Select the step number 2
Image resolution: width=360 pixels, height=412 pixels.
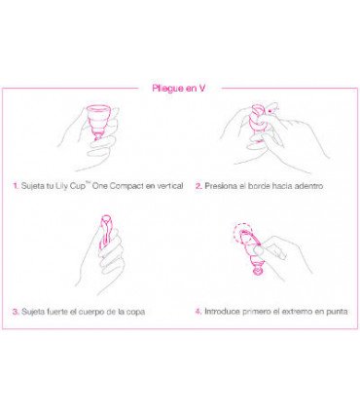pos(198,184)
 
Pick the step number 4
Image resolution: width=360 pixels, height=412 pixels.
pos(198,312)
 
